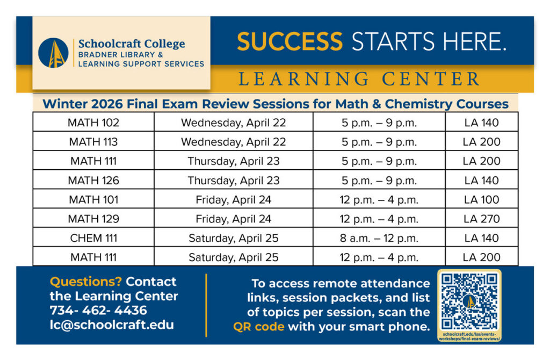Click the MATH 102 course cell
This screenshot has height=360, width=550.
point(93,122)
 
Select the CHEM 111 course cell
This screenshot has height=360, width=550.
point(93,237)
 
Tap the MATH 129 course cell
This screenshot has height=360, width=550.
point(93,218)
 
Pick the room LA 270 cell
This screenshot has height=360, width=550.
point(481,218)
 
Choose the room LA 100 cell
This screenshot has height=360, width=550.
point(481,199)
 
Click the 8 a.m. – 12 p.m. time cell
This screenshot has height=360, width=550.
point(379,237)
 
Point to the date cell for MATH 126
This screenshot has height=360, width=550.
point(233,180)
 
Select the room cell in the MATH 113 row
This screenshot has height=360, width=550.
point(481,141)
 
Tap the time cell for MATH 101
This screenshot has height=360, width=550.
point(379,199)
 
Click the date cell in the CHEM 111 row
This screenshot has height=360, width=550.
point(233,237)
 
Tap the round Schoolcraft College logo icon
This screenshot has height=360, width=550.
point(53,53)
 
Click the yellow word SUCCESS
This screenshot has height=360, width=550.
point(290,41)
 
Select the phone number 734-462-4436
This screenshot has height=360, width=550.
point(98,310)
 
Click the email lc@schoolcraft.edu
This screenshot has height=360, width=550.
point(112,325)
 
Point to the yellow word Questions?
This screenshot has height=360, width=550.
point(85,282)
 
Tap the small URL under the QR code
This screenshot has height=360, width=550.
point(469,336)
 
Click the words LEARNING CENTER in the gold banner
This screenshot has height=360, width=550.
point(359,78)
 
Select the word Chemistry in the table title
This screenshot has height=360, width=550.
point(418,104)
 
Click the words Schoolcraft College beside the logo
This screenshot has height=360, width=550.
point(132,44)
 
